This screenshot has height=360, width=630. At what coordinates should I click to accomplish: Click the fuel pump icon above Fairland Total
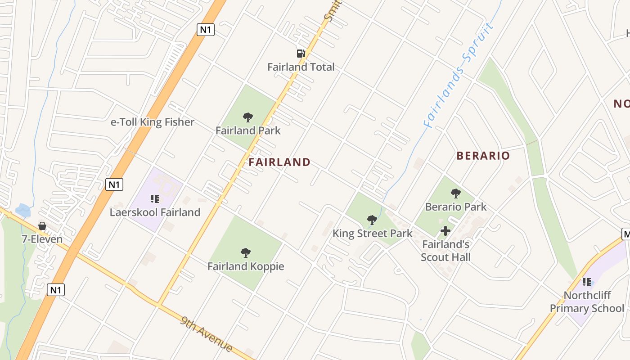(x=301, y=54)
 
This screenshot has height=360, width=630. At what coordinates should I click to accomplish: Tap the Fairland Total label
(x=301, y=67)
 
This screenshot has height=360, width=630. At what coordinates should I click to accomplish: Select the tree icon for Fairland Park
(x=247, y=117)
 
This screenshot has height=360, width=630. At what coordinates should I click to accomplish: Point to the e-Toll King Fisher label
(x=153, y=122)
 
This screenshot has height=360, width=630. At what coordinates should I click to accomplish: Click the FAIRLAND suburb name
(x=279, y=162)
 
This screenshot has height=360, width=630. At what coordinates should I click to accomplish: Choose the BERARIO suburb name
(x=483, y=156)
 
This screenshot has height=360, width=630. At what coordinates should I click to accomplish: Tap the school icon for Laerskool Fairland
(x=155, y=198)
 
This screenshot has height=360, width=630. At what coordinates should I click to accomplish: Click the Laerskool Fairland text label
(x=155, y=212)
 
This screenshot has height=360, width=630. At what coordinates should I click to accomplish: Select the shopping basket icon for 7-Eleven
(x=42, y=225)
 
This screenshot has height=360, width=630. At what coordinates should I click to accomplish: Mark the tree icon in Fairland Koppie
(x=245, y=252)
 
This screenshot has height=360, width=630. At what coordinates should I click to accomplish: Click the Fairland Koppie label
(x=246, y=266)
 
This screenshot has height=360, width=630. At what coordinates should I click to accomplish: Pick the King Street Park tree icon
(x=372, y=220)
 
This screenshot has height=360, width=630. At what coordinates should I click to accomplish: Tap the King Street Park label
(x=372, y=233)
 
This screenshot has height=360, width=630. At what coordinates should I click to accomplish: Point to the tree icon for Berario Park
(x=455, y=193)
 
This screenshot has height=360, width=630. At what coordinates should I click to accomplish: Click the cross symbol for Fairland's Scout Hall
(x=445, y=231)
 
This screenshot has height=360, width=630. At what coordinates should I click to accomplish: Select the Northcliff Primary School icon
(x=587, y=282)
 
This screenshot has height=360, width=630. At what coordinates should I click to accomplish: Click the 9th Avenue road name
(x=207, y=334)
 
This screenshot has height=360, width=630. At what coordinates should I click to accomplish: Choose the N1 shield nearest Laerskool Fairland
(x=114, y=184)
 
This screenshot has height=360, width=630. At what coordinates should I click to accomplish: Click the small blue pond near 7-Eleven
(x=22, y=210)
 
